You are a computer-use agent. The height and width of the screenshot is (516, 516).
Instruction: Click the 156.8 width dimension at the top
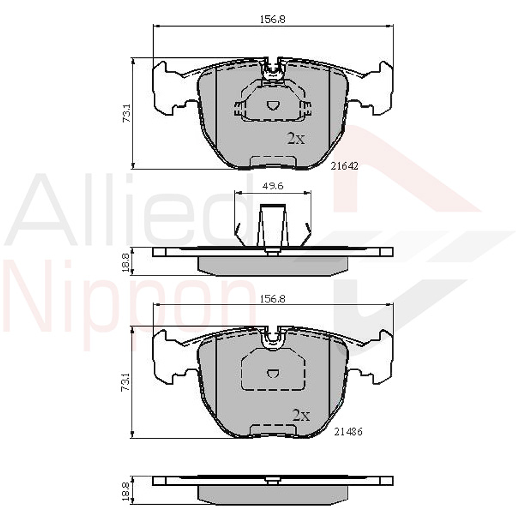click(272, 19)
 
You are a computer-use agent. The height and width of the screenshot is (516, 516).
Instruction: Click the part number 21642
click(345, 166)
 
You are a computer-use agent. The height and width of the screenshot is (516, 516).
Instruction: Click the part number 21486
click(348, 432)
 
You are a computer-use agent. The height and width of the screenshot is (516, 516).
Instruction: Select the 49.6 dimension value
click(272, 185)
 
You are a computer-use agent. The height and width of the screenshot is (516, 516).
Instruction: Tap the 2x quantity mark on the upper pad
click(295, 138)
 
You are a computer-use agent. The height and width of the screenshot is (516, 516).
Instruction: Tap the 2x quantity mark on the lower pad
click(301, 416)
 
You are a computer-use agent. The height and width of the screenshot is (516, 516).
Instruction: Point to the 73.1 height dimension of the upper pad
click(128, 113)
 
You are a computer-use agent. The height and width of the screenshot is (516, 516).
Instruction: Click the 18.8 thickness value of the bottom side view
click(128, 489)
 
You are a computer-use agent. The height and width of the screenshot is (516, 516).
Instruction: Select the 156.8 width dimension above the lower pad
click(272, 298)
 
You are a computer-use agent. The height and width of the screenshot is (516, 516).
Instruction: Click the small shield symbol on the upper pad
click(273, 105)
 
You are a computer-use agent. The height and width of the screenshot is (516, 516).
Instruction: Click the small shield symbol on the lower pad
click(273, 374)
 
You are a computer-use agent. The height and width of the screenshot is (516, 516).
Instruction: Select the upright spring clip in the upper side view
click(272, 227)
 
